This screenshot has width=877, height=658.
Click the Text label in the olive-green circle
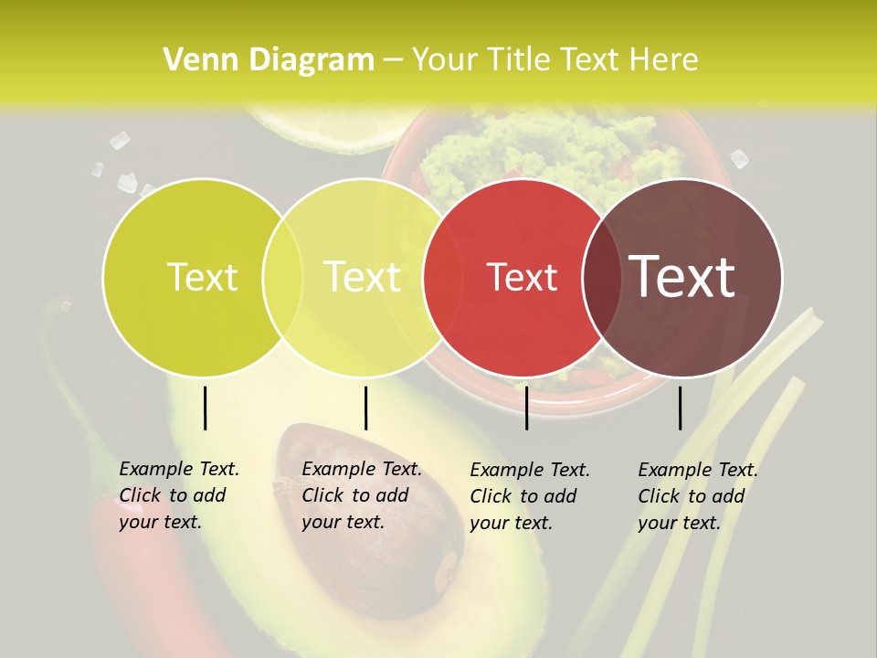point(202,277)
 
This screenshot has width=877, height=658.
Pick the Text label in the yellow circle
point(363,277)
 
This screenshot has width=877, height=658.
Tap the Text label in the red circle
point(523,277)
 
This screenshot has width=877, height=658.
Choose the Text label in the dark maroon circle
point(682,277)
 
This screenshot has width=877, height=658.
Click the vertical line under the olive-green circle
point(206,408)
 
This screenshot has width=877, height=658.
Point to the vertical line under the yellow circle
point(365,408)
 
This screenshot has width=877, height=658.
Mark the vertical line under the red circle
point(526,408)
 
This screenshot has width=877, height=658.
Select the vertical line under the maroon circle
point(680,408)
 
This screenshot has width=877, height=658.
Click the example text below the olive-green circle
point(178,495)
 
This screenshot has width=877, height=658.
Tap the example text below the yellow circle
point(361,495)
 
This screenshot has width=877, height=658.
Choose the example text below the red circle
point(530,496)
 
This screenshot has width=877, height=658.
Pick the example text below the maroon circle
point(697,496)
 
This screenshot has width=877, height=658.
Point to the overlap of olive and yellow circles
point(282,278)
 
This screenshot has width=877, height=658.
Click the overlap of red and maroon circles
point(602,278)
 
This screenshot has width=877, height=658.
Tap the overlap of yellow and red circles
point(443,278)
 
